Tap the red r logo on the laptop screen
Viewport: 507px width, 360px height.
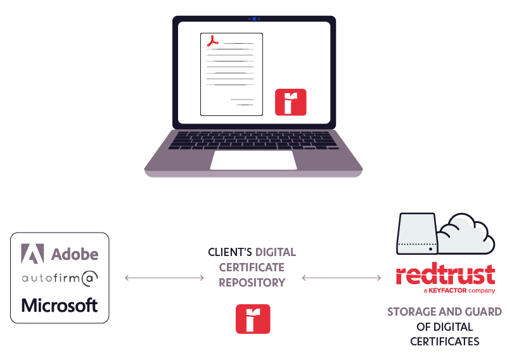[290, 102]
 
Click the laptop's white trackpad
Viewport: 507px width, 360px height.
[253, 160]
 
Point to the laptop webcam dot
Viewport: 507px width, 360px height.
[254, 19]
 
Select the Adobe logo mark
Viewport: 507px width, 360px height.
[32, 254]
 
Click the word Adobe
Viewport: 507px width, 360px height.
[75, 254]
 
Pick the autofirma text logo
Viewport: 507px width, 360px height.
[60, 278]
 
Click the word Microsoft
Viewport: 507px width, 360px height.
[60, 305]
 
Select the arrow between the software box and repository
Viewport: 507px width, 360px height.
[164, 278]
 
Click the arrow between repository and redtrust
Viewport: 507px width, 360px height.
[342, 278]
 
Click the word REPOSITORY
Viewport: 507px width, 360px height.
[252, 283]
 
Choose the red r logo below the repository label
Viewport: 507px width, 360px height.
[253, 319]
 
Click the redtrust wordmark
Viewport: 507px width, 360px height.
[445, 276]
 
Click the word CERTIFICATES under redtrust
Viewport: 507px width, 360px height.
[444, 342]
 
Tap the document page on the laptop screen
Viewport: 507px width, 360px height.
[231, 74]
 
